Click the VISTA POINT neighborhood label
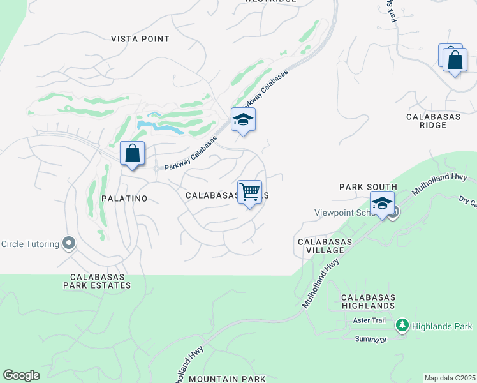point(140,39)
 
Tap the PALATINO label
point(124,199)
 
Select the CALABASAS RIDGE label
point(436,121)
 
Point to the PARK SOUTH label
point(368,187)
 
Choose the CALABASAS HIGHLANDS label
point(368,303)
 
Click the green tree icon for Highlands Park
point(402,326)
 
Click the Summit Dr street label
point(371,339)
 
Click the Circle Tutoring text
point(29,243)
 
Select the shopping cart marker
point(249,191)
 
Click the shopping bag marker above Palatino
point(132,154)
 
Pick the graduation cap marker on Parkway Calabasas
point(242,119)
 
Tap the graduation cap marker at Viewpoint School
point(382,204)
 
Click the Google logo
point(22,375)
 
